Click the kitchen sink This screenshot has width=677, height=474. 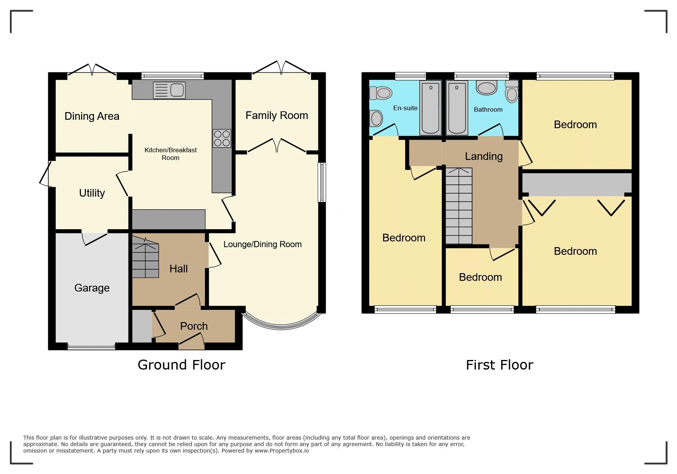point(169,90)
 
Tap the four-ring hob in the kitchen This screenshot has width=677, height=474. point(222,138)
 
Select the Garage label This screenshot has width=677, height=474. point(92,288)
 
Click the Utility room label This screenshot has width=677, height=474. point(92,193)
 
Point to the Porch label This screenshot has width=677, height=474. point(194,326)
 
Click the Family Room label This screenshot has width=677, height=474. point(277,115)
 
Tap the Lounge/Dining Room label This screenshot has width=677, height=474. point(263,244)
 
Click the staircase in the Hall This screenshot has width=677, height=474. point(145,256)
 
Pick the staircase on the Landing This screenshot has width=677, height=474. point(459,206)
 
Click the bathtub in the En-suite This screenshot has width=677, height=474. point(430,108)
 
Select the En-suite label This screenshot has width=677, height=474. point(405,108)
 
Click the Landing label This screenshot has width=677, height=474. point(484,156)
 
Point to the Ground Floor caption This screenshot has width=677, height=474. point(182,365)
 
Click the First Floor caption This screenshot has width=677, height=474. point(499,365)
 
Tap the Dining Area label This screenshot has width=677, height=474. point(92,116)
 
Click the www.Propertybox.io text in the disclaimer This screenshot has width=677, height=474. point(282,451)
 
